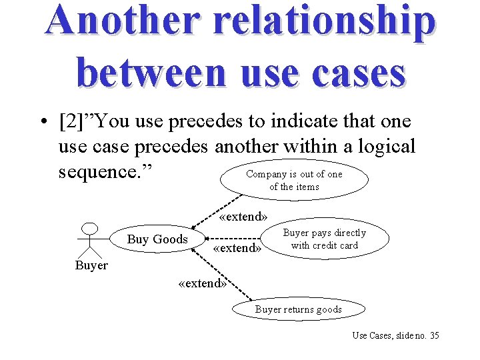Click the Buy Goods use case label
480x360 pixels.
(157, 239)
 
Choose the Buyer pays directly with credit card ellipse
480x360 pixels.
(325, 239)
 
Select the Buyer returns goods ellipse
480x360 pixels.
(298, 309)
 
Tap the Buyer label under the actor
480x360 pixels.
(91, 265)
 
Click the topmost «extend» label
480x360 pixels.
(243, 217)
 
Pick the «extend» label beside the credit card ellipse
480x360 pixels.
(237, 249)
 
